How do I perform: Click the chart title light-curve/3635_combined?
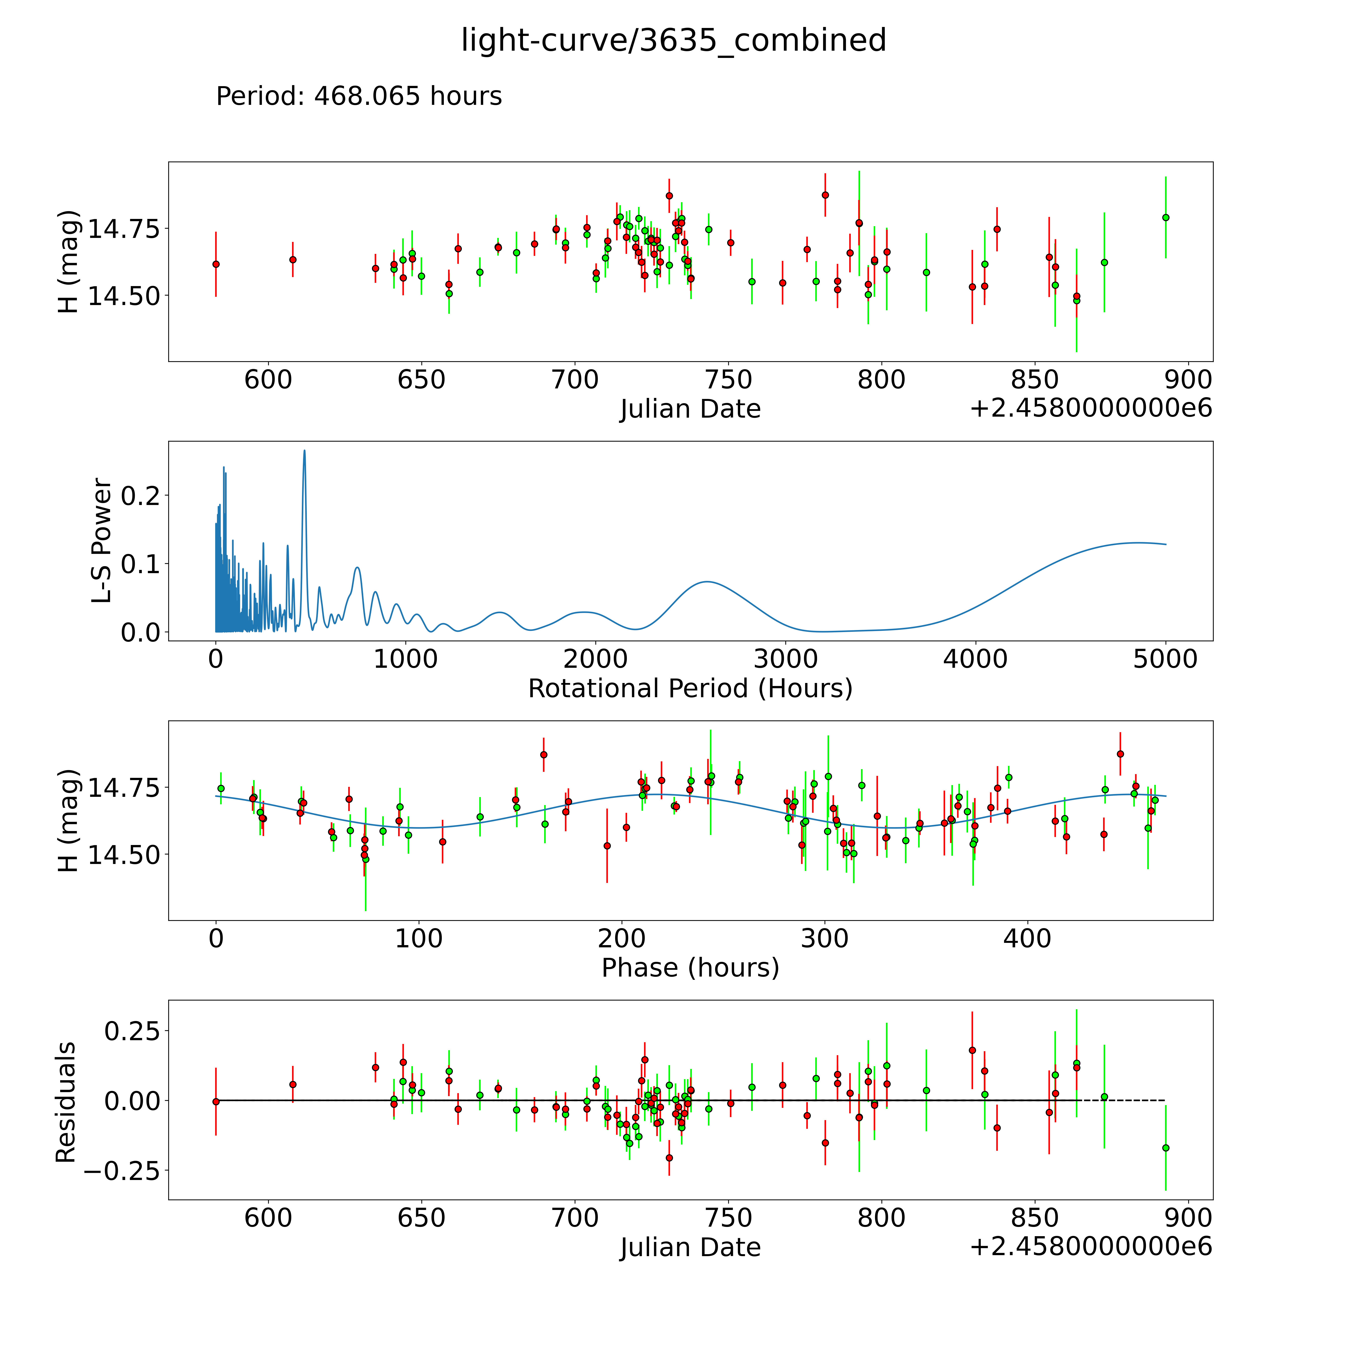(x=673, y=40)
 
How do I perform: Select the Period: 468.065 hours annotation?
(x=359, y=96)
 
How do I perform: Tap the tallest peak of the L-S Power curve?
(x=304, y=451)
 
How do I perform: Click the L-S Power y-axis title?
(x=102, y=541)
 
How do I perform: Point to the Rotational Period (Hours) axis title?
(x=690, y=689)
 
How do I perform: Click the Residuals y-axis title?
(x=66, y=1102)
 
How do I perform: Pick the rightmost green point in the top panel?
(x=1165, y=217)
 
